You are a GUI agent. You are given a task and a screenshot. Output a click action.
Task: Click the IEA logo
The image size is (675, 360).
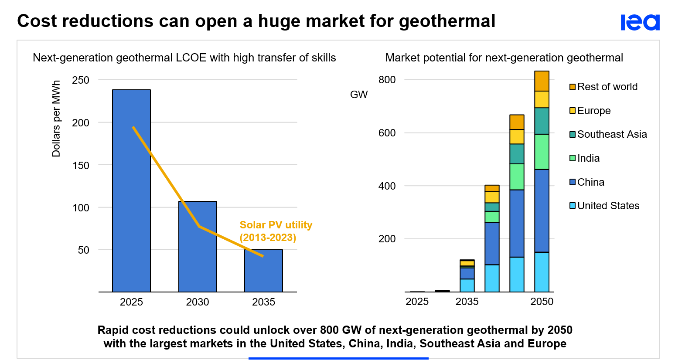point(640,22)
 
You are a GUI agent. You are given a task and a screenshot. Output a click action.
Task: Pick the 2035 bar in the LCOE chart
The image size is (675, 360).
point(263,271)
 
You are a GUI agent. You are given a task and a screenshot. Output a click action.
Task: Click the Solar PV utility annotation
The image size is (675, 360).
point(276,231)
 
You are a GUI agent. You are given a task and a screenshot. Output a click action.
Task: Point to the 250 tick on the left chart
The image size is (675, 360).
point(81,80)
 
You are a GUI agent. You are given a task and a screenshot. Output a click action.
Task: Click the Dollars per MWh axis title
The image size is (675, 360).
point(56,119)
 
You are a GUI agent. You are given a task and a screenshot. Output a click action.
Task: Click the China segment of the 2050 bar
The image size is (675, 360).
point(542,211)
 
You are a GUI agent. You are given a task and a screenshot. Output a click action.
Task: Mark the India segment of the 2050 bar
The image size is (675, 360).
point(542,152)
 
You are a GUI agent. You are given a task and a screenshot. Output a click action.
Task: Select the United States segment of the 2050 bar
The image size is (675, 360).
point(542,272)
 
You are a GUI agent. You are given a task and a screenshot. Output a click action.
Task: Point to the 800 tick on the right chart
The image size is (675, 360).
point(387,80)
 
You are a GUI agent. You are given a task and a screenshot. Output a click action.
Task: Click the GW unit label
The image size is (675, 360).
point(359,95)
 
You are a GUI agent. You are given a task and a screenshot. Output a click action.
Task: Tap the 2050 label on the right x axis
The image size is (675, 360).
point(542,302)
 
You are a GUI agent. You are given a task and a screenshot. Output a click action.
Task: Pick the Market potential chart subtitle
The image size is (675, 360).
point(504,58)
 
